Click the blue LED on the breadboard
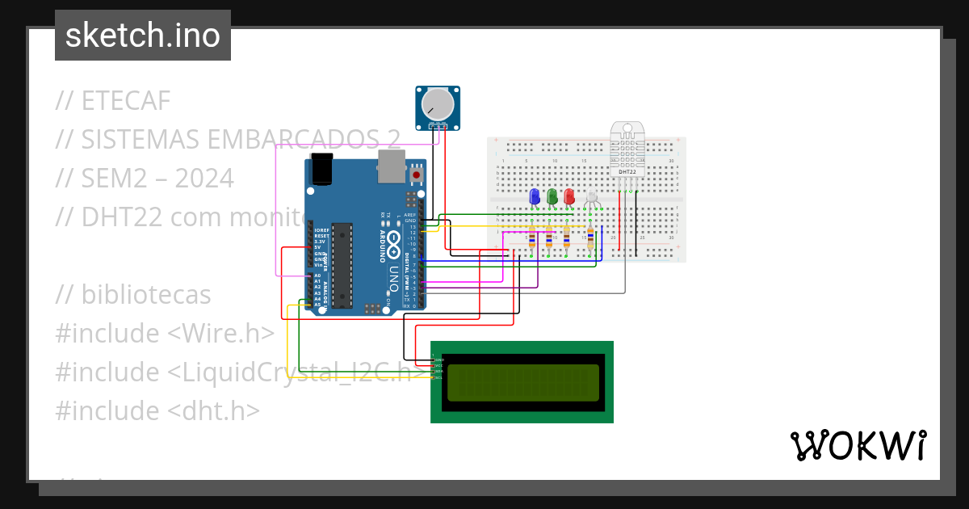coord(534,196)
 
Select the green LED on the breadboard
coord(552,196)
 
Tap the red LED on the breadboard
coord(569,196)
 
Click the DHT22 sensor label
coord(627,172)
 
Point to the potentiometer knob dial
coord(438,103)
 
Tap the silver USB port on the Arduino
coord(391,166)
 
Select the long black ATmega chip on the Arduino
coord(342,266)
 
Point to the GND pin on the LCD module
coord(438,359)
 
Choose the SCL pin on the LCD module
coord(438,377)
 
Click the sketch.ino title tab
coord(143,36)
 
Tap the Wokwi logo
coord(858,445)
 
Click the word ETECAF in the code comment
coord(126,101)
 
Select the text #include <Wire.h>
coord(165,334)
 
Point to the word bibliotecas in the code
coord(145,295)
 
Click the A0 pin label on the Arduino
coord(317,276)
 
